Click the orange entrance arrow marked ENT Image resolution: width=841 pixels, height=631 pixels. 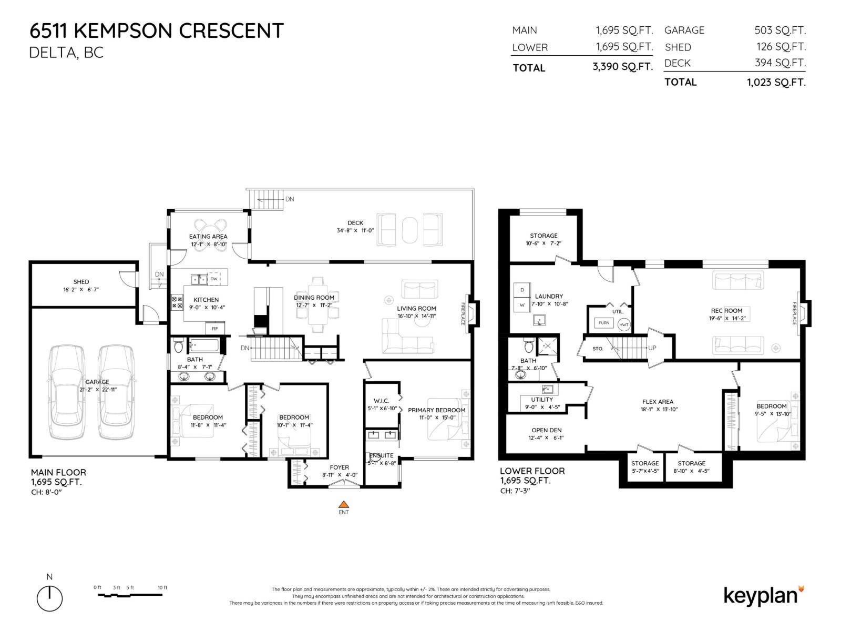tap(343, 504)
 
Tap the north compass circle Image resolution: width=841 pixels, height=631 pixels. tap(49, 598)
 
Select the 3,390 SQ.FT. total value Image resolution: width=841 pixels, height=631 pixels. tap(622, 67)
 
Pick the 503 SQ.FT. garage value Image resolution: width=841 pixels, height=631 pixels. tap(780, 30)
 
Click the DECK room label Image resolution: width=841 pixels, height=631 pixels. tap(355, 223)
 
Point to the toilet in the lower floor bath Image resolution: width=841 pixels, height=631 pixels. tap(528, 347)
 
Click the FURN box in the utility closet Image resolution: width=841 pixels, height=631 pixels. tap(604, 323)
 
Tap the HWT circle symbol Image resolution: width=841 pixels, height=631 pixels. tap(623, 324)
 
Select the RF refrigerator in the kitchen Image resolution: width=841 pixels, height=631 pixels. tap(215, 329)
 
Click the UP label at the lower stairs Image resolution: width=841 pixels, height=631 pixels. tap(652, 348)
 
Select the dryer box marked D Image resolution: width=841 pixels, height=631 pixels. tap(522, 290)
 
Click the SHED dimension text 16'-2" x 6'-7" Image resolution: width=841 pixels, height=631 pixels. tap(81, 289)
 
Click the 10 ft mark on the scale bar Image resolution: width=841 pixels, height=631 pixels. tap(162, 588)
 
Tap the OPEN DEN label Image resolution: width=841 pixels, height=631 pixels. tap(546, 430)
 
